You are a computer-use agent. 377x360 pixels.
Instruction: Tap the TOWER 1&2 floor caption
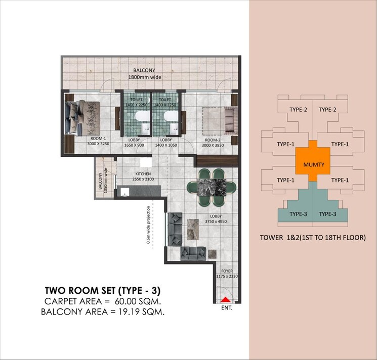tap(312, 237)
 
